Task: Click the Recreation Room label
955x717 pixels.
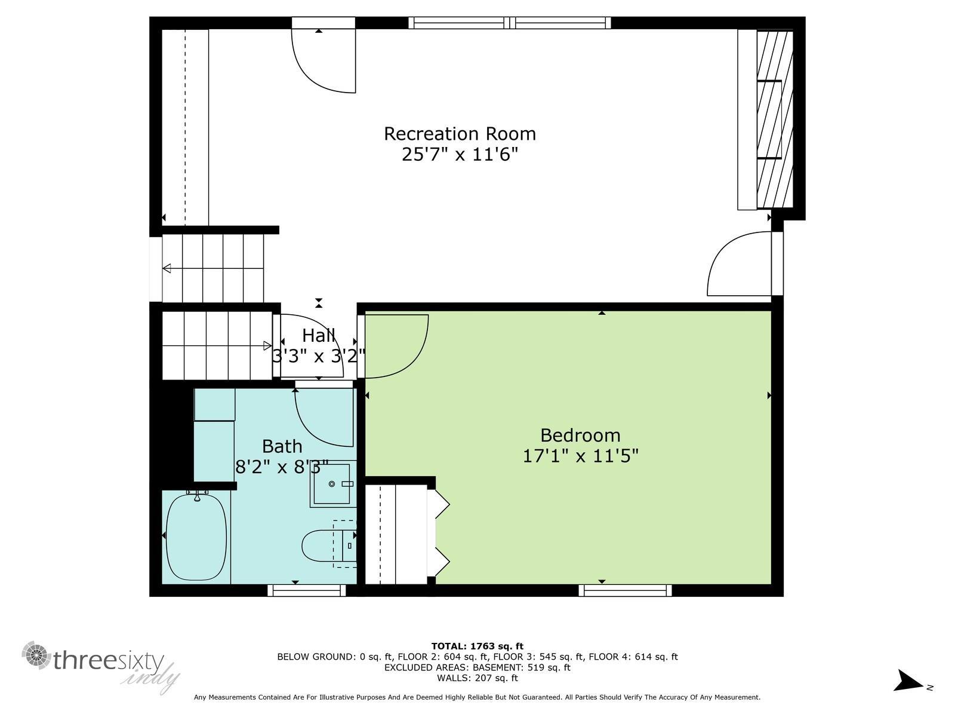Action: coord(460,134)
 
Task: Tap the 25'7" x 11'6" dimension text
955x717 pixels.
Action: coord(460,154)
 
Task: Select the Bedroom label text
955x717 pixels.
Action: coord(580,436)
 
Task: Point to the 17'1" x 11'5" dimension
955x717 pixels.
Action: coord(580,456)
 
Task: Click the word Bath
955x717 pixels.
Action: coord(282,446)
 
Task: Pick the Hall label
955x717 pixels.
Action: coord(319,335)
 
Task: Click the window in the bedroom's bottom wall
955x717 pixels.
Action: coord(625,590)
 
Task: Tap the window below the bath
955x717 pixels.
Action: coord(307,590)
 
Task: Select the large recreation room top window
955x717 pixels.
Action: coord(510,23)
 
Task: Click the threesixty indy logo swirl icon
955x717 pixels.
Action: coord(36,655)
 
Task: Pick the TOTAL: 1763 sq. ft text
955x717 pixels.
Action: coord(478,646)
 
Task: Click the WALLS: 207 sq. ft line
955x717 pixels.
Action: coord(478,678)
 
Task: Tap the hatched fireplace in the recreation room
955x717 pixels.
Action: coord(775,119)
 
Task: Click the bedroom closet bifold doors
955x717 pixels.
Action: coord(439,537)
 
